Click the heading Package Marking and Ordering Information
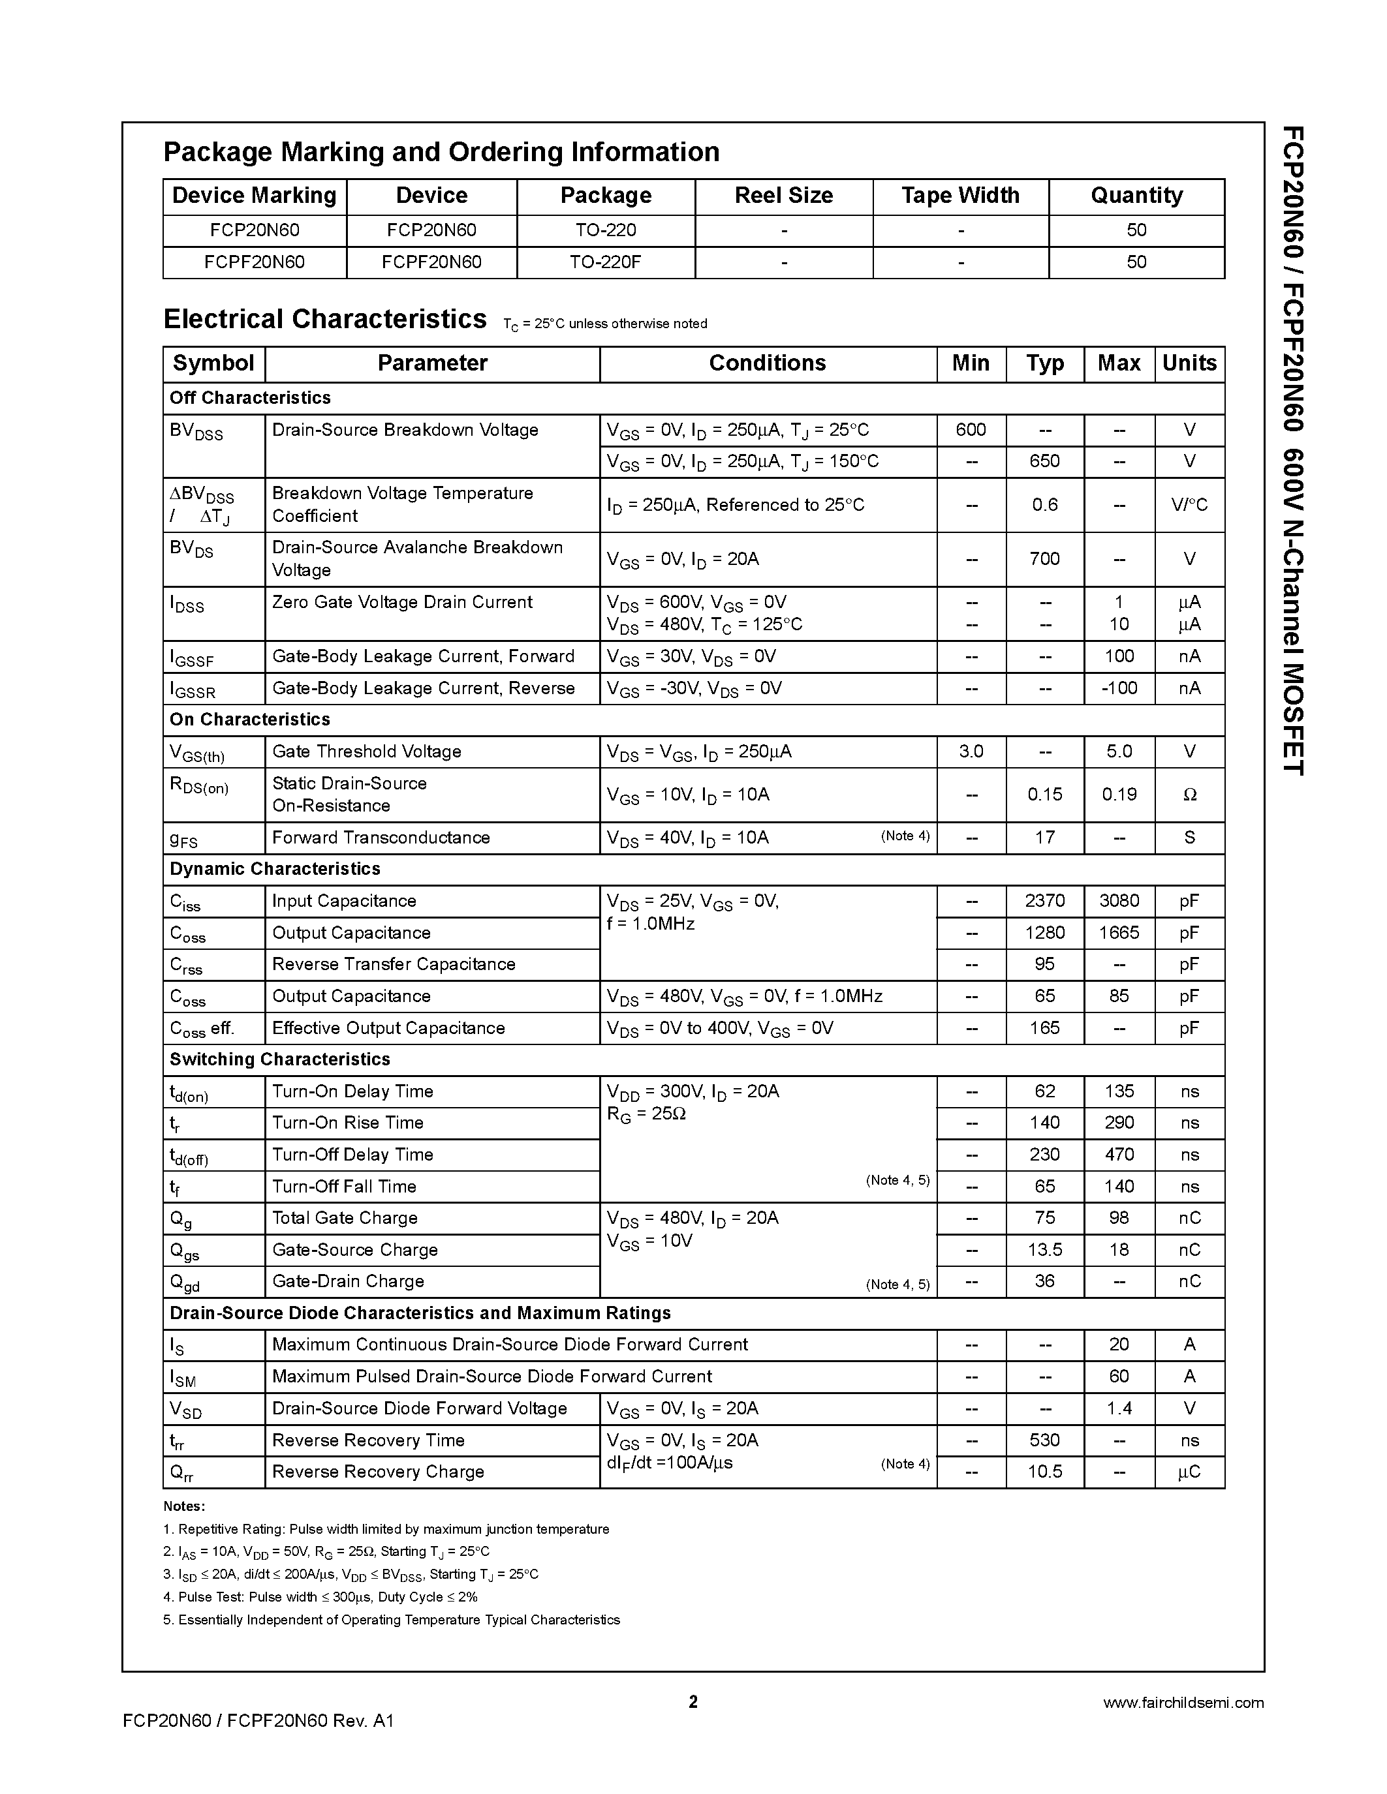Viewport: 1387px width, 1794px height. (x=441, y=152)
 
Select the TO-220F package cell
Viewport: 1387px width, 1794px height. (x=606, y=262)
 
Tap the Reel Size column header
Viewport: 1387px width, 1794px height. (x=783, y=196)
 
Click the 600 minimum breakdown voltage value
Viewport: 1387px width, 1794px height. (x=971, y=430)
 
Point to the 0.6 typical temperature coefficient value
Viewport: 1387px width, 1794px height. (x=1044, y=504)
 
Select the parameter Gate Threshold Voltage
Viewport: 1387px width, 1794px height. (x=366, y=751)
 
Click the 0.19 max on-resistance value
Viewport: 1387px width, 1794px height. (x=1118, y=795)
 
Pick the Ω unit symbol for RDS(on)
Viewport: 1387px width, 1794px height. (x=1189, y=795)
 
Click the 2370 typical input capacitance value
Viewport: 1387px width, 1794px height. (x=1044, y=901)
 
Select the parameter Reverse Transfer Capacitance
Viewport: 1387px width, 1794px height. (x=394, y=964)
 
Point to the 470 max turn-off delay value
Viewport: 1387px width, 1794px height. (x=1118, y=1154)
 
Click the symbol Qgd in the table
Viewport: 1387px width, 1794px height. (x=185, y=1283)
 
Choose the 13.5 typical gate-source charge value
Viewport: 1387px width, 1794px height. (x=1044, y=1249)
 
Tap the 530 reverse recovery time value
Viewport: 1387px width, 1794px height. (x=1044, y=1440)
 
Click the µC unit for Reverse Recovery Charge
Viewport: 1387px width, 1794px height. (x=1189, y=1472)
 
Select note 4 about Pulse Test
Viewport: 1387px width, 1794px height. (x=320, y=1597)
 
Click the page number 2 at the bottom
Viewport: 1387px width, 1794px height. (x=693, y=1701)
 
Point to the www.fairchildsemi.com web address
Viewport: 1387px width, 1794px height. (x=1183, y=1703)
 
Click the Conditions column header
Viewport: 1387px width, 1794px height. (x=767, y=363)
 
